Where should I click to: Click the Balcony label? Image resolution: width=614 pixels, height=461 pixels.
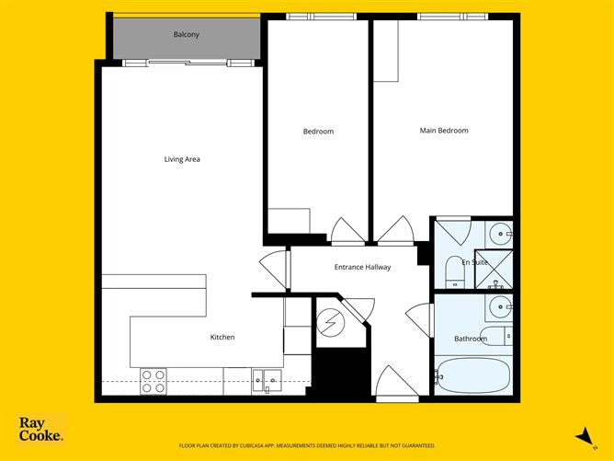click(186, 34)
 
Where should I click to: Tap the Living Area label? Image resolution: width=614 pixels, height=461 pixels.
click(182, 159)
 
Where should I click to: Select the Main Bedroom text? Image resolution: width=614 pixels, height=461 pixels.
click(444, 131)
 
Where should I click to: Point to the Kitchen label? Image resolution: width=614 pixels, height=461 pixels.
click(222, 337)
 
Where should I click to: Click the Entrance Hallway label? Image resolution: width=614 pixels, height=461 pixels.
click(362, 268)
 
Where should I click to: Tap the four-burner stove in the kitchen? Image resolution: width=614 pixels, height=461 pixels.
click(153, 382)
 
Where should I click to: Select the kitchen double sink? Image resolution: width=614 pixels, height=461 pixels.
click(267, 380)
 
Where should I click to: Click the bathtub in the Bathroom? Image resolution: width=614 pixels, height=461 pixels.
click(473, 375)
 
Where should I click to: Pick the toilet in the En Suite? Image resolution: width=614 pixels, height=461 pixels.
click(455, 272)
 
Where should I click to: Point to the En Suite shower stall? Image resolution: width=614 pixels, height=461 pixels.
click(494, 270)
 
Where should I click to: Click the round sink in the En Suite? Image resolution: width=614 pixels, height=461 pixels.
click(500, 234)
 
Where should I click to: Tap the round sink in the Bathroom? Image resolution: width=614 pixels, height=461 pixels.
click(500, 306)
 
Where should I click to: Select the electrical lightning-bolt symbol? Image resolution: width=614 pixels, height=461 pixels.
click(331, 323)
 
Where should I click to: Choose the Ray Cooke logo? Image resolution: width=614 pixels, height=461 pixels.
click(41, 429)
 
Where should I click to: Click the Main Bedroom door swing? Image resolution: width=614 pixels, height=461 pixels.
click(395, 230)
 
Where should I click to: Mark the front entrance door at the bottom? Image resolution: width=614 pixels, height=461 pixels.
click(397, 384)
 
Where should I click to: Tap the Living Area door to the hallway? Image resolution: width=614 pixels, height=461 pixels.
click(274, 268)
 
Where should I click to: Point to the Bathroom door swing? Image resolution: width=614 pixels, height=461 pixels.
click(419, 319)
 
